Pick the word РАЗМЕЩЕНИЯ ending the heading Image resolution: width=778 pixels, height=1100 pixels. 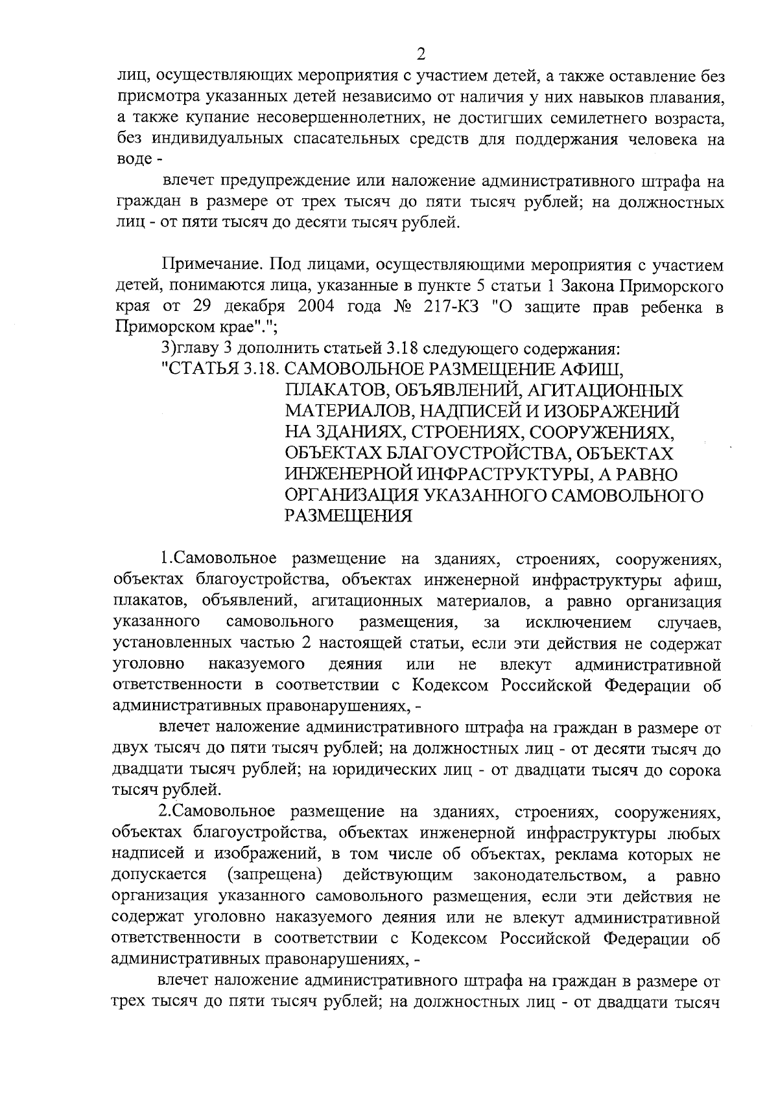(349, 516)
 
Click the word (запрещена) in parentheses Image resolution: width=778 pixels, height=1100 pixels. (275, 875)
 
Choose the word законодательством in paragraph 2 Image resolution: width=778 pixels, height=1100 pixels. (549, 875)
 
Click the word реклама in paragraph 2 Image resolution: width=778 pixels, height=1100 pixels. (580, 854)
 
